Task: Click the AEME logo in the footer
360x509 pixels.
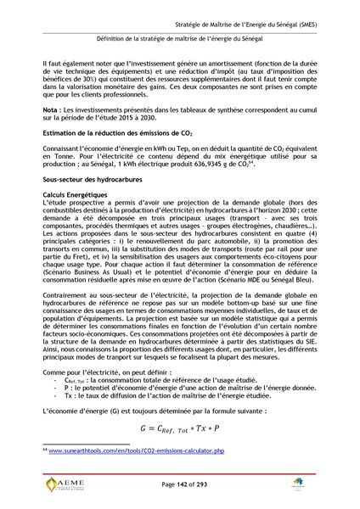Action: [x=68, y=484]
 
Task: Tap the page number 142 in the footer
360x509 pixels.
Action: [x=181, y=484]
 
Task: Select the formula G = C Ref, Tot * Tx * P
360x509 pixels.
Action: [x=180, y=426]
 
